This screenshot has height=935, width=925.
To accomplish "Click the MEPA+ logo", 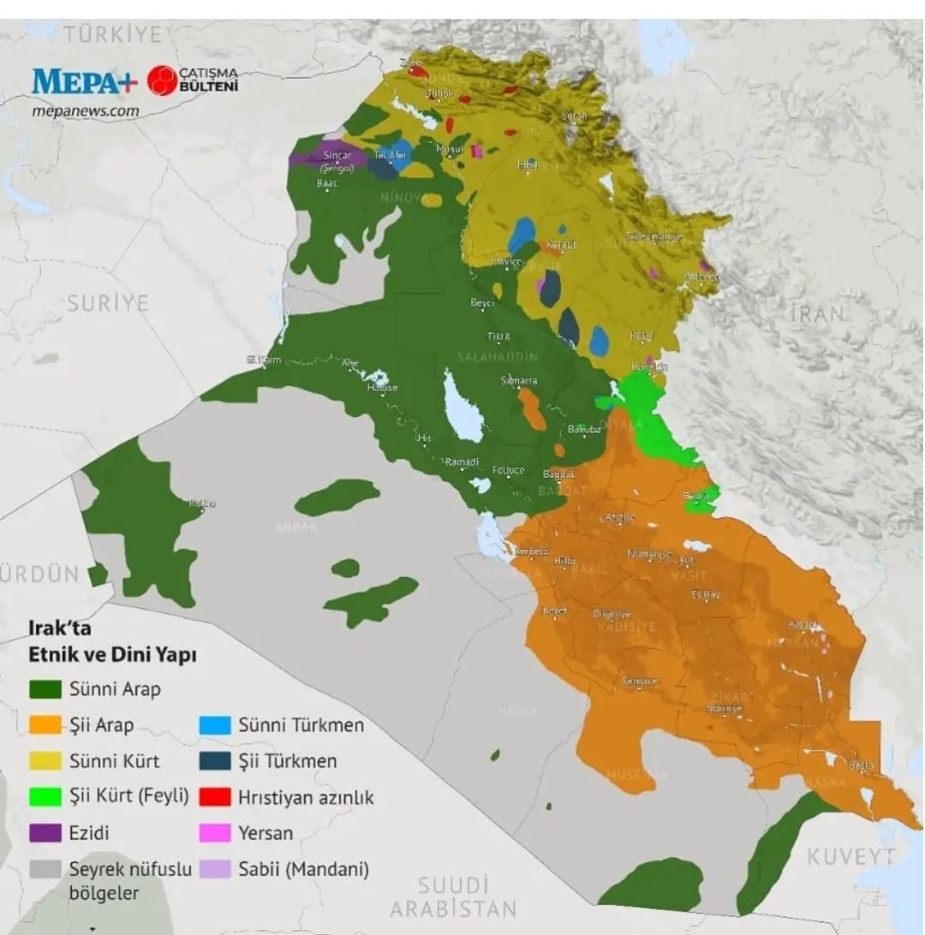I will [x=84, y=81].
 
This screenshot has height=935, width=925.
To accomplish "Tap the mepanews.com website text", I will [x=85, y=110].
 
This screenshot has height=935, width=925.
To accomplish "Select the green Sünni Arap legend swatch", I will [x=45, y=688].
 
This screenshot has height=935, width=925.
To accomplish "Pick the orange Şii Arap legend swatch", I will [x=45, y=725].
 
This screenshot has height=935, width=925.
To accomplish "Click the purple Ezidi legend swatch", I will [x=45, y=832].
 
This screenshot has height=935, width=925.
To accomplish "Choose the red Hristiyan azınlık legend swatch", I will [x=215, y=797].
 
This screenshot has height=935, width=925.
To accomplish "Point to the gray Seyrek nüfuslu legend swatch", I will [x=45, y=869].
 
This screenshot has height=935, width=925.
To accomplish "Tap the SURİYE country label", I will [x=108, y=303].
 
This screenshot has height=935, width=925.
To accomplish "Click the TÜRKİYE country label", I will [x=112, y=35].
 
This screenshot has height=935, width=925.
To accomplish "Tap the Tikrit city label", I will [x=498, y=336].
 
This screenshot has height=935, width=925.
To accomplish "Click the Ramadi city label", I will [x=462, y=462].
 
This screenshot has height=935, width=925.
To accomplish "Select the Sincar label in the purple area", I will [x=337, y=156].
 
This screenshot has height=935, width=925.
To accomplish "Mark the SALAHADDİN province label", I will [x=498, y=356].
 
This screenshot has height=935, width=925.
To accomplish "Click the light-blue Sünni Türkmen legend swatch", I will [x=215, y=725].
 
